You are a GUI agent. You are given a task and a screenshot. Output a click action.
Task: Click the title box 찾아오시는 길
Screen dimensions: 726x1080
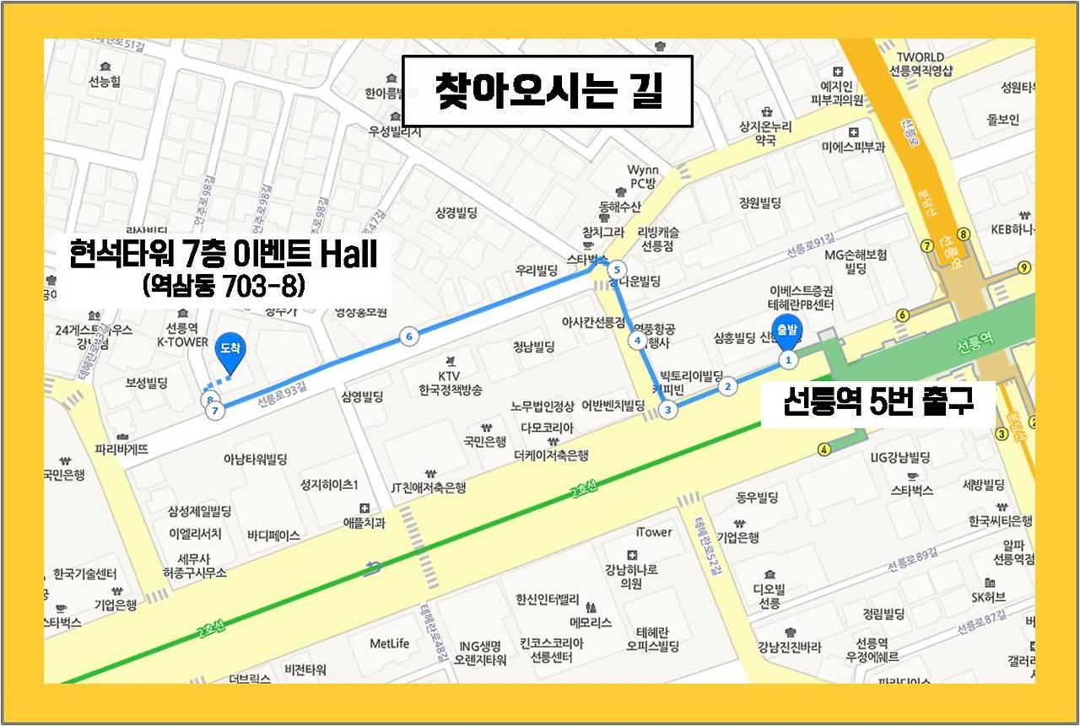pyautogui.click(x=547, y=91)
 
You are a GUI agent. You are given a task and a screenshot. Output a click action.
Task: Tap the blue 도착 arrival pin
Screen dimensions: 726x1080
pyautogui.click(x=231, y=352)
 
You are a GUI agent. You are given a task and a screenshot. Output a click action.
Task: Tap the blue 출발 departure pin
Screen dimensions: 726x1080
pyautogui.click(x=787, y=334)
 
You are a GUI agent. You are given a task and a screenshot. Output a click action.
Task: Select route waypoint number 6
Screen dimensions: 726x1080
pyautogui.click(x=409, y=337)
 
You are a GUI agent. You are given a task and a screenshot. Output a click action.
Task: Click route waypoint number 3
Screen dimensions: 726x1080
pyautogui.click(x=668, y=411)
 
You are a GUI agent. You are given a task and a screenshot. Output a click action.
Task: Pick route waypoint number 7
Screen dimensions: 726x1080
pyautogui.click(x=216, y=411)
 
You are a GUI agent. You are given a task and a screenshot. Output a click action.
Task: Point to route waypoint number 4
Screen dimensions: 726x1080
pyautogui.click(x=638, y=341)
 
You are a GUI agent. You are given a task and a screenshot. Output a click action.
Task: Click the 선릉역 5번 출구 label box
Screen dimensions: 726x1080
pyautogui.click(x=877, y=402)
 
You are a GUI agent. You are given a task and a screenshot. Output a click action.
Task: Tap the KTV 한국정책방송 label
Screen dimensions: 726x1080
pyautogui.click(x=449, y=382)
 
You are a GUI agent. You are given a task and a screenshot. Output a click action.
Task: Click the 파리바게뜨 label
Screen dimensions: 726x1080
pyautogui.click(x=121, y=449)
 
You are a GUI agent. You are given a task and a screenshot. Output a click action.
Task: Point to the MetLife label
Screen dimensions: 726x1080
pyautogui.click(x=389, y=643)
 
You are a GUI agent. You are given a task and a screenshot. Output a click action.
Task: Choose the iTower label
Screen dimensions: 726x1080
pyautogui.click(x=654, y=532)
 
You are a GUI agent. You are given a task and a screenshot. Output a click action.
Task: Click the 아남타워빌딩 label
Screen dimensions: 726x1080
pyautogui.click(x=255, y=460)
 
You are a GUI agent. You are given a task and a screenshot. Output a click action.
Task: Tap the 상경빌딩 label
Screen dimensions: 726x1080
pyautogui.click(x=456, y=212)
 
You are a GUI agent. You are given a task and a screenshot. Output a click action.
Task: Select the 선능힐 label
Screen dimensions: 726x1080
pyautogui.click(x=105, y=81)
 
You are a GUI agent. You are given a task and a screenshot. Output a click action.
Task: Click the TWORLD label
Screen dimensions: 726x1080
pyautogui.click(x=921, y=57)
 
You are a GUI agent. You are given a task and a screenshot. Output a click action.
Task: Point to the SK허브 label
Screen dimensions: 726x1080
pyautogui.click(x=988, y=597)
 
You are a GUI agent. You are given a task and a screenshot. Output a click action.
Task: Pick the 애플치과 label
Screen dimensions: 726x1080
pyautogui.click(x=364, y=523)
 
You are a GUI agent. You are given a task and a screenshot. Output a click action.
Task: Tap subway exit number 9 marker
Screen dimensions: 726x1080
pyautogui.click(x=1024, y=268)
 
